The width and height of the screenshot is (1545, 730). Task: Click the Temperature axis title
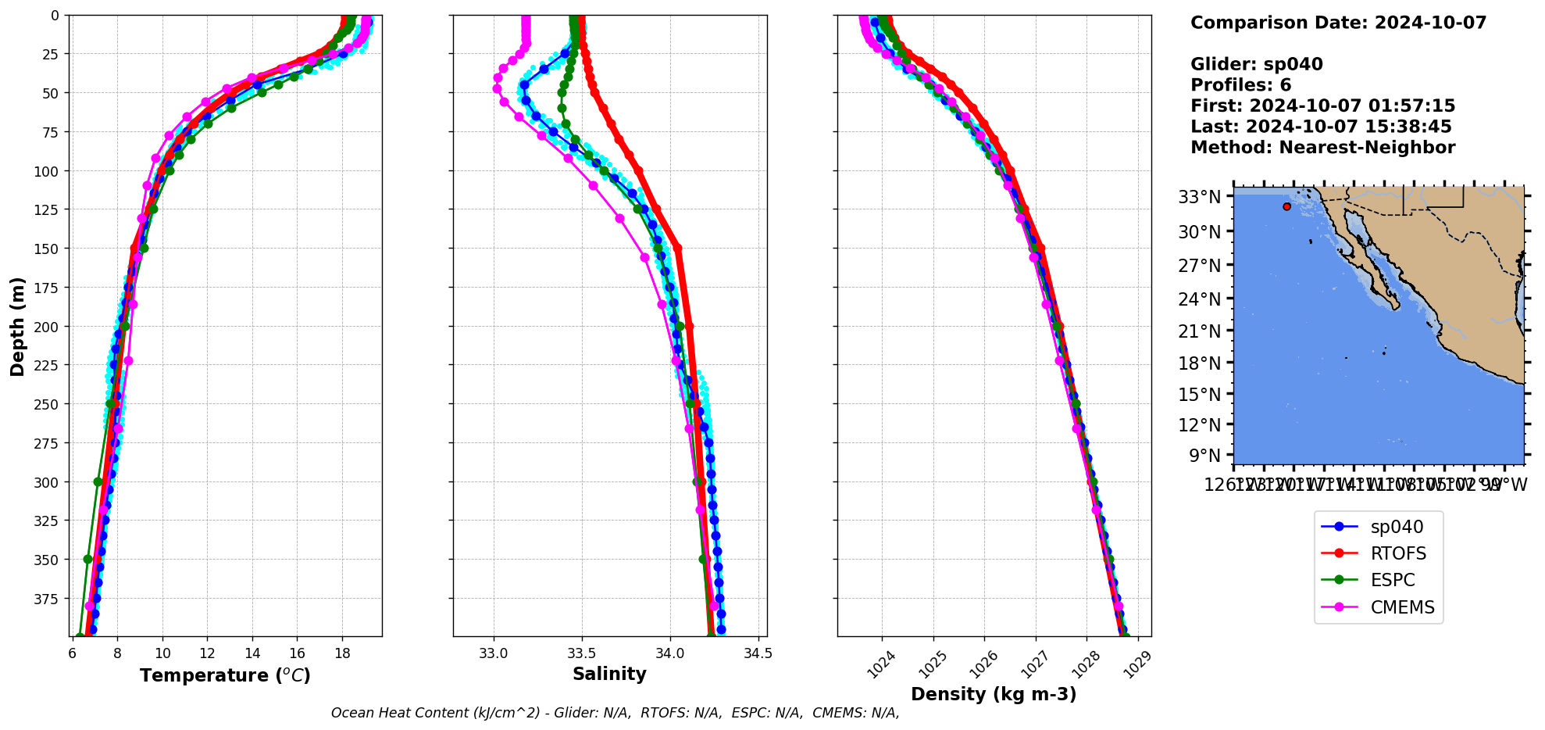pyautogui.click(x=225, y=675)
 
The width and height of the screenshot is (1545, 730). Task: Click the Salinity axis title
pyautogui.click(x=609, y=675)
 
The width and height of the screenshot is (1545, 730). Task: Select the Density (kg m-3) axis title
pyautogui.click(x=994, y=694)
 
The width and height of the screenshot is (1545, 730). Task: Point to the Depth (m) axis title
pyautogui.click(x=17, y=326)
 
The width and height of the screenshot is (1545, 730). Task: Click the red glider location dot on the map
pyautogui.click(x=1286, y=206)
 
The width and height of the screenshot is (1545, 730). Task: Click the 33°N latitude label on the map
pyautogui.click(x=1199, y=197)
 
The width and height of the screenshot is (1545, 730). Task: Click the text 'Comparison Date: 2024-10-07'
pyautogui.click(x=1338, y=23)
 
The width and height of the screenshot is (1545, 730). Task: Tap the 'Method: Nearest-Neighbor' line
pyautogui.click(x=1322, y=148)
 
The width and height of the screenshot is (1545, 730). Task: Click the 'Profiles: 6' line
pyautogui.click(x=1240, y=85)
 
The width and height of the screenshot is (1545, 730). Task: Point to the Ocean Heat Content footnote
pyautogui.click(x=615, y=713)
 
